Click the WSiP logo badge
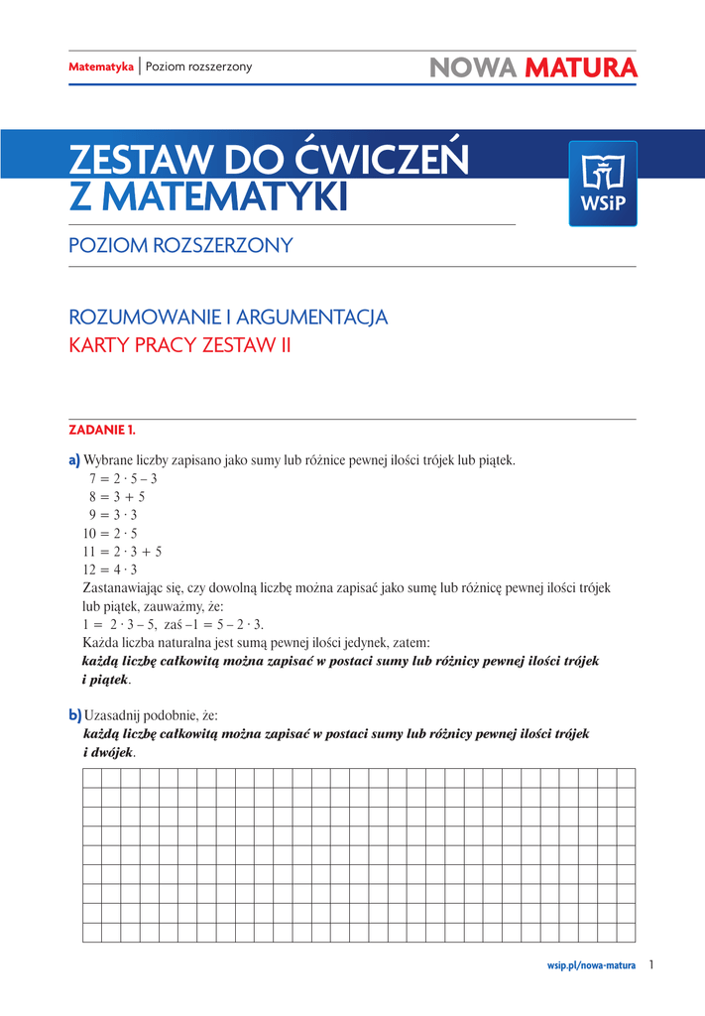click(602, 183)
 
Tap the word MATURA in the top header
click(581, 67)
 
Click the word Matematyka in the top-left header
click(100, 66)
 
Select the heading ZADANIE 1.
click(101, 430)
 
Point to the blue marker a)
click(73, 460)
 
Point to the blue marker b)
click(74, 714)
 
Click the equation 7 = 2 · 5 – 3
click(123, 478)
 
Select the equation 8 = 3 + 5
click(117, 497)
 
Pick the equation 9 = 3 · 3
click(113, 515)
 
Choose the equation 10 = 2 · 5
click(110, 533)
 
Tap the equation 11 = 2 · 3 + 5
click(122, 551)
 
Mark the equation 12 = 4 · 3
click(110, 570)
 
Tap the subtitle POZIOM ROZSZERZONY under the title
click(180, 245)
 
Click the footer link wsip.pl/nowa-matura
click(591, 964)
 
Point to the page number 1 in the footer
click(651, 963)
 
